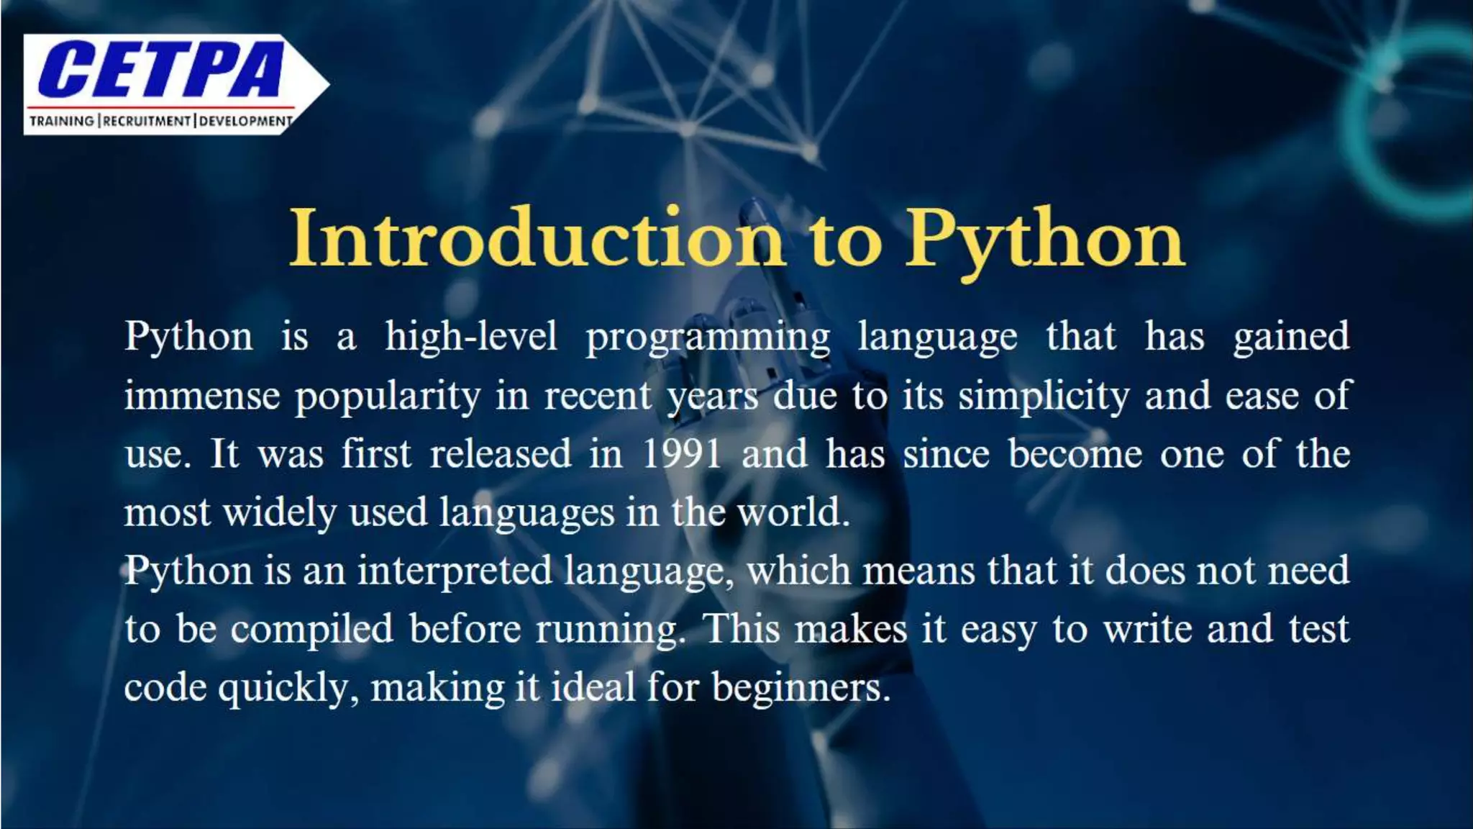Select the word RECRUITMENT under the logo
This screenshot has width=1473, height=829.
tap(147, 121)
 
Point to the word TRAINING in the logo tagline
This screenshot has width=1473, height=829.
tap(62, 121)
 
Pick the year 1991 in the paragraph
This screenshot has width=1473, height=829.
tap(681, 454)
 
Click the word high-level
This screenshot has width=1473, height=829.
tap(471, 337)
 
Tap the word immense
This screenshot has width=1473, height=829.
tap(202, 396)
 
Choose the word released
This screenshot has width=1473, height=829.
tap(501, 454)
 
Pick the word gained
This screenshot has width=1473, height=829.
tap(1291, 337)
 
